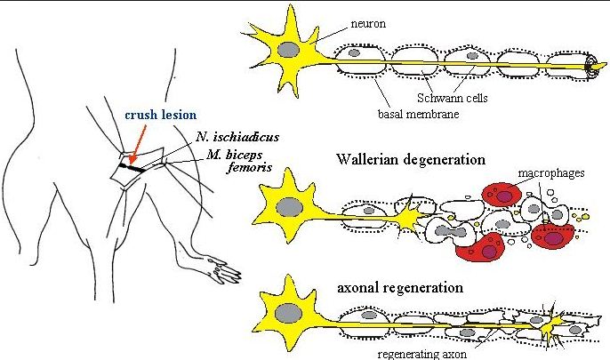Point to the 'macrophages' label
(x=553, y=172)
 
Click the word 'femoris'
(x=246, y=168)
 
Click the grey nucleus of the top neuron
(x=288, y=52)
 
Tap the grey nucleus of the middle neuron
(x=288, y=207)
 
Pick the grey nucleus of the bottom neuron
(x=287, y=313)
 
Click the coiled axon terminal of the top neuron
(x=590, y=68)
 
